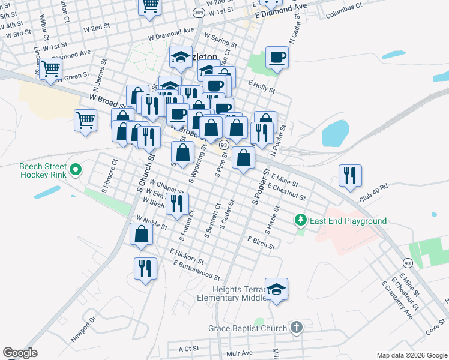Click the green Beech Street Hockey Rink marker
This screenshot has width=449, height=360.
coord(75,170)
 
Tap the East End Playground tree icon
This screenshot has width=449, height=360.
coord(301,221)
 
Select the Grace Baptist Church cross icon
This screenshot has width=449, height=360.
coord(295,328)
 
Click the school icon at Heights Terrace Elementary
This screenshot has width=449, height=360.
coord(276,290)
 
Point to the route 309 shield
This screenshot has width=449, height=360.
coord(198,12)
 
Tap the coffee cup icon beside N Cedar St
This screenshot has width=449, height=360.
coord(277,58)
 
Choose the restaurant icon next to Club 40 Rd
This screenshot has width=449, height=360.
coord(350,175)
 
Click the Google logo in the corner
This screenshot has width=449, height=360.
coord(20,353)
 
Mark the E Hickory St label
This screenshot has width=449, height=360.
coord(187,256)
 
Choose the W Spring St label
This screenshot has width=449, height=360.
coord(220,42)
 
